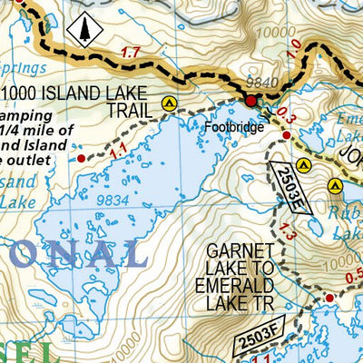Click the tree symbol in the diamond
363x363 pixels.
tap(84, 31)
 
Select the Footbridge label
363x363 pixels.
tap(233, 127)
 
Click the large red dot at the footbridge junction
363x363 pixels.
tap(250, 100)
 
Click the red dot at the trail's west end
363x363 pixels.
tap(81, 158)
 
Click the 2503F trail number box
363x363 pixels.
tap(259, 336)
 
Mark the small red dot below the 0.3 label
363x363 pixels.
tap(286, 135)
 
